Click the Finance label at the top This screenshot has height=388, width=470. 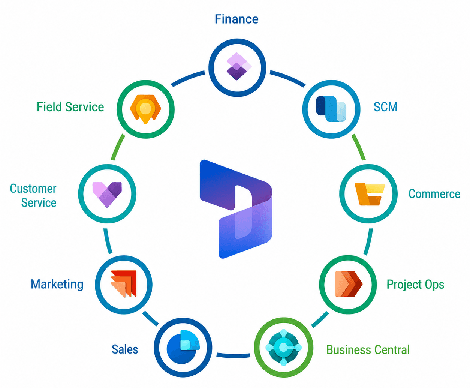pos(236,19)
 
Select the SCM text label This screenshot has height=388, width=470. pos(385,107)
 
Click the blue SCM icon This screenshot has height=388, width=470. pos(331,109)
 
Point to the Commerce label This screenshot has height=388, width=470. pos(434,194)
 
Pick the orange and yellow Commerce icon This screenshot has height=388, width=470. pos(370,194)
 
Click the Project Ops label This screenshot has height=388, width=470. pos(415,285)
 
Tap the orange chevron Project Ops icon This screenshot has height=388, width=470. pos(349,284)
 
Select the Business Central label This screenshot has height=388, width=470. pos(368,350)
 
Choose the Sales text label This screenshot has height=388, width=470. pos(125,349)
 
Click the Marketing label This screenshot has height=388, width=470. pos(57,284)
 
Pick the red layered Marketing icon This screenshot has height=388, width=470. pos(124,284)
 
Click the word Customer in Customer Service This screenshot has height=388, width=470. pos(33,189)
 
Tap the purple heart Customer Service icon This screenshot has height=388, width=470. pos(107,194)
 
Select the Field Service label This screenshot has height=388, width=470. pos(70,107)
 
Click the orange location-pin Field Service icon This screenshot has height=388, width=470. pos(145,109)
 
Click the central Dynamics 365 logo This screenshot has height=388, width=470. pos(236,209)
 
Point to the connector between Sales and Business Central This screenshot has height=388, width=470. pos(233,355)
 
